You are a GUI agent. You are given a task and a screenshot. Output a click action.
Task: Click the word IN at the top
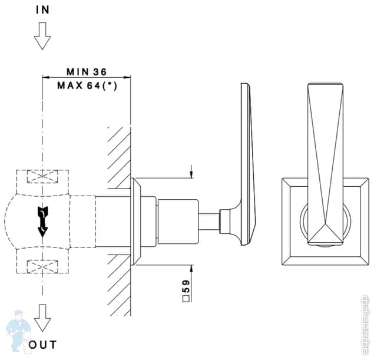42,10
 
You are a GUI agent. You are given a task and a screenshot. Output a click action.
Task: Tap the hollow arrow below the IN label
42,37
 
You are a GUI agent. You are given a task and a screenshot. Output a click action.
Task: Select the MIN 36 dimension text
86,71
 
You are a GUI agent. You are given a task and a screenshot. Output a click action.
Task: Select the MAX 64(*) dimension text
87,85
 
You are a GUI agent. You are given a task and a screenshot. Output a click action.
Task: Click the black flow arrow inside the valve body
42,221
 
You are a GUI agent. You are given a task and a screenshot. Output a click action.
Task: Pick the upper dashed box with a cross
42,177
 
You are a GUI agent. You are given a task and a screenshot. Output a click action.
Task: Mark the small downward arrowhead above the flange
192,174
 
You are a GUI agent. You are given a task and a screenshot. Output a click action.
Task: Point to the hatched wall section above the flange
118,153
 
